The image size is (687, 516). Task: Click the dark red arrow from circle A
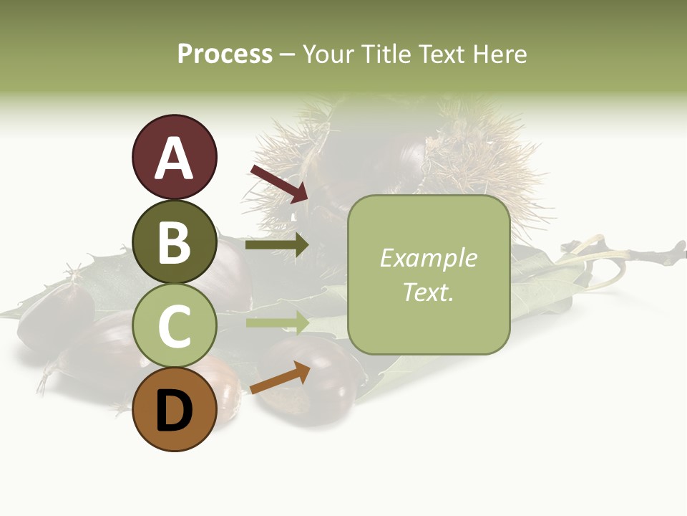[279, 182]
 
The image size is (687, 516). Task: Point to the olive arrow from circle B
[277, 245]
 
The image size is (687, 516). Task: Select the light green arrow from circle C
[277, 322]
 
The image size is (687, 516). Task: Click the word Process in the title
[225, 54]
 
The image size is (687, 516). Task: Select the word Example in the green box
[429, 258]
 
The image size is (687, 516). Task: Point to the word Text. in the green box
[429, 292]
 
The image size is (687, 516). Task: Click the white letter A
[174, 159]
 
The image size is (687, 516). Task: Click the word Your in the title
[330, 54]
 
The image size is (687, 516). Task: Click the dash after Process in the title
[287, 54]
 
